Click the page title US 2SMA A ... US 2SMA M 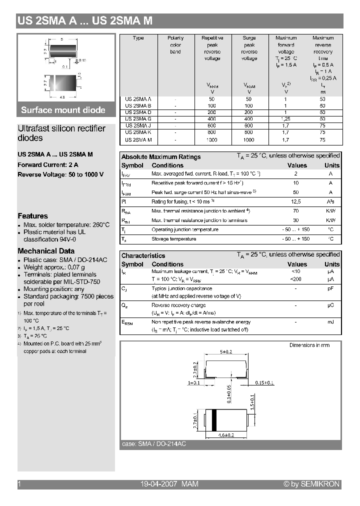pos(84,21)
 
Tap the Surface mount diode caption pos(63,110)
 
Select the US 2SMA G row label pos(138,119)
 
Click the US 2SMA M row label pos(138,140)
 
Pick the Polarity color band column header pos(175,44)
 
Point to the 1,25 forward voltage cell pos(286,119)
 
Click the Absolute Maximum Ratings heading pos(161,156)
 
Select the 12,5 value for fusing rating pos(296,201)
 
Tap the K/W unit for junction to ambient pos(330,211)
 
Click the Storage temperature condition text pos(173,239)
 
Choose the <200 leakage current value pos(296,278)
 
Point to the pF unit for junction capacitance pos(330,288)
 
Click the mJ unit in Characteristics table pos(330,321)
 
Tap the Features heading pos(32,216)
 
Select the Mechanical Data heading pos(46,251)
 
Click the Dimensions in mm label pos(309,345)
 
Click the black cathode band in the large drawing pos(214,420)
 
